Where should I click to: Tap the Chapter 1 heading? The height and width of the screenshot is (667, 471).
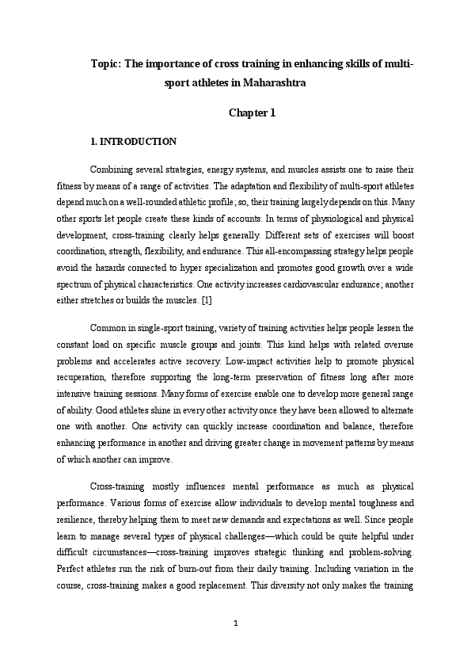(252, 112)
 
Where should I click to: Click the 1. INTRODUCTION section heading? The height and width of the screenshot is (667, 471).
(134, 142)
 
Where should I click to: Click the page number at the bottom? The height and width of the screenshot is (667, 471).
(236, 623)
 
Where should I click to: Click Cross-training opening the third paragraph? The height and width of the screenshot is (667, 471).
(117, 486)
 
